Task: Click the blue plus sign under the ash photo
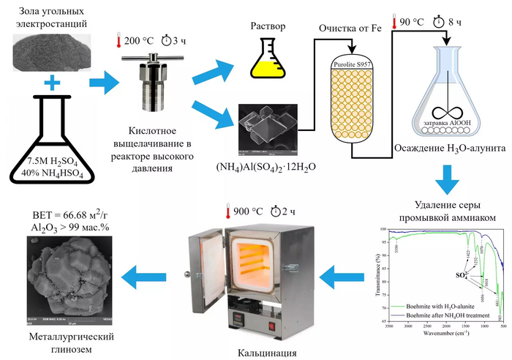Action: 50,85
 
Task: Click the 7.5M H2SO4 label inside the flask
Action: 50,161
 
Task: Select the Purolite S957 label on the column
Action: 352,63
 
